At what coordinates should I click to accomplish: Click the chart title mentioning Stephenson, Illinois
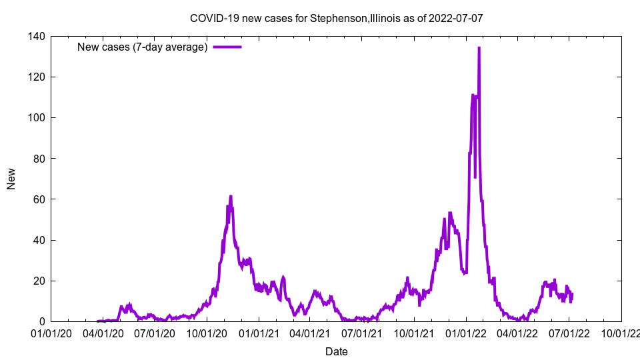pyautogui.click(x=336, y=18)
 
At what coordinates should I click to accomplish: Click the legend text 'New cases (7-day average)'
pyautogui.click(x=143, y=47)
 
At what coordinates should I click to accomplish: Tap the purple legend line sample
pyautogui.click(x=227, y=47)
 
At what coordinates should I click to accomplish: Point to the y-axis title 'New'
pyautogui.click(x=11, y=179)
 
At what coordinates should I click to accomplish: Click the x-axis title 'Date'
pyautogui.click(x=336, y=351)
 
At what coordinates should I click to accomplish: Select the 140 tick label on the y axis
pyautogui.click(x=37, y=36)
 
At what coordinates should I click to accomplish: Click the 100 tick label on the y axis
pyautogui.click(x=37, y=117)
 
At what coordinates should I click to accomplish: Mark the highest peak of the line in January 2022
pyautogui.click(x=479, y=48)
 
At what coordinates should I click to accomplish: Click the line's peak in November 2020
pyautogui.click(x=231, y=196)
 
